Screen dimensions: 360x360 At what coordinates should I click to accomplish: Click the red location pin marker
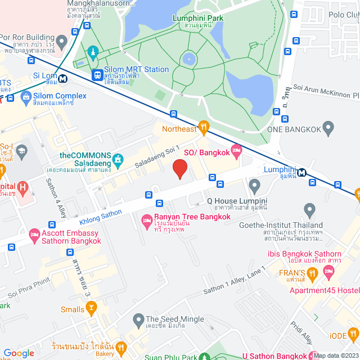coord(179,169)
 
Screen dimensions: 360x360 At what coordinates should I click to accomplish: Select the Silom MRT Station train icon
coord(98,74)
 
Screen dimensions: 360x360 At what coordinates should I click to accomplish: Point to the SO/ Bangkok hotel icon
coord(236,149)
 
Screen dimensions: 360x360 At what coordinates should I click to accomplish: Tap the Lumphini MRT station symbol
coord(303,173)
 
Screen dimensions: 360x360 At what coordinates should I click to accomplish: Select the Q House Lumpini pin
coord(254,185)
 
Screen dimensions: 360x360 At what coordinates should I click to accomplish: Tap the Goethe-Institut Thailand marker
coord(308,209)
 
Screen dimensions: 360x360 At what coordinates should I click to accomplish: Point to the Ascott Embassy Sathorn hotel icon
coord(34,233)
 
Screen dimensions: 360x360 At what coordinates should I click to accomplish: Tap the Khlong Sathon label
coord(101,213)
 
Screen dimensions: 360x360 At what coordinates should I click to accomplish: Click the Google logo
coord(19,353)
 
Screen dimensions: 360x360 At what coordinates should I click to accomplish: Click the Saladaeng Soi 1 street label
coord(157,157)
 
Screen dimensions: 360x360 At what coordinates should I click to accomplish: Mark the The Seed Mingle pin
coord(138,321)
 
